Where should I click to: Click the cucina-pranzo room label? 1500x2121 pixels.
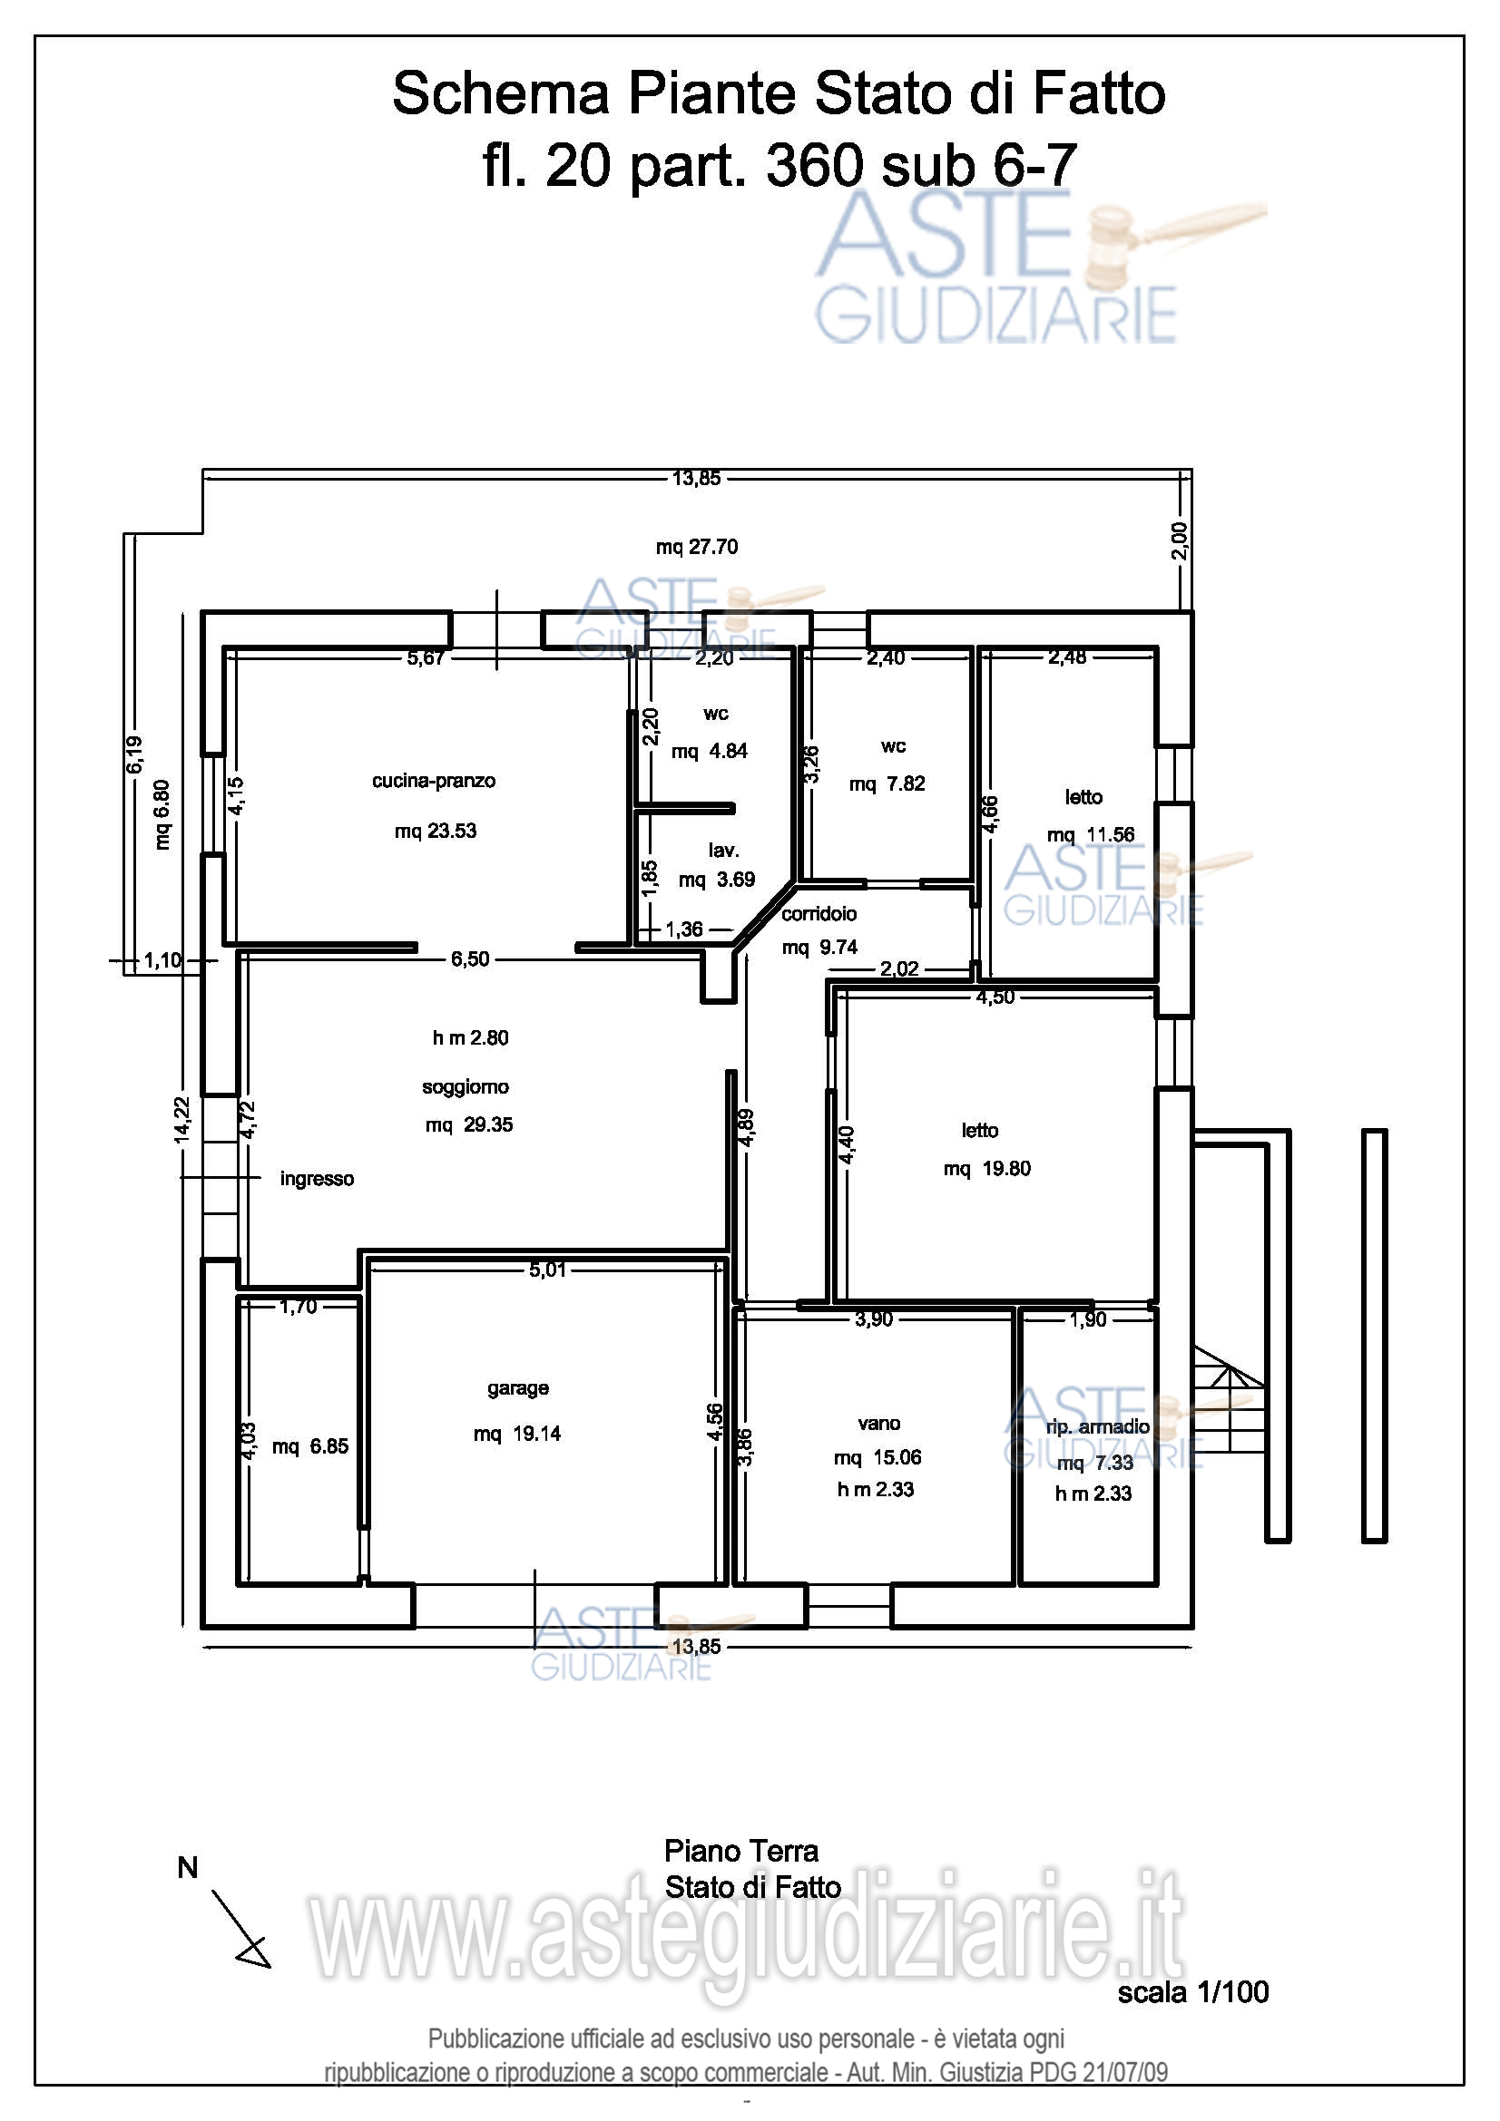[x=434, y=781]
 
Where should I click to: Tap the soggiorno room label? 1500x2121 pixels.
[x=465, y=1086]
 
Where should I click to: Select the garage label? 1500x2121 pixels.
[x=517, y=1388]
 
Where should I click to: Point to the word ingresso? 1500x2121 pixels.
[x=317, y=1179]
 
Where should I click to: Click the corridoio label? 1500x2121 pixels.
[x=819, y=914]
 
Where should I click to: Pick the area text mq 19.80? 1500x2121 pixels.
[x=987, y=1169]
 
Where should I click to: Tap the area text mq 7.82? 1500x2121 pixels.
[x=887, y=783]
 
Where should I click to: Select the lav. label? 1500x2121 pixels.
[x=723, y=850]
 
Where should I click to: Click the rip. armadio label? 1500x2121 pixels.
[x=1098, y=1426]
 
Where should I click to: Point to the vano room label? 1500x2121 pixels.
[x=878, y=1424]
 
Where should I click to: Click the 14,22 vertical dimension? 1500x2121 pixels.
[x=181, y=1119]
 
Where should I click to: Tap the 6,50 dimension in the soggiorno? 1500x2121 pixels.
[x=470, y=958]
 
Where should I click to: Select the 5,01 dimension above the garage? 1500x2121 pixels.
[x=547, y=1270]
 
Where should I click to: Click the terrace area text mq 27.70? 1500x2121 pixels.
[x=697, y=547]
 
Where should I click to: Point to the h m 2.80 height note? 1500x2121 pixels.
[x=470, y=1037]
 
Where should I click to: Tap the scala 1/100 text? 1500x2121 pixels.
[x=1193, y=1992]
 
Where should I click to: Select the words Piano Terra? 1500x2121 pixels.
[x=741, y=1852]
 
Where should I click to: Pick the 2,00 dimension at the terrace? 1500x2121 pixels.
[x=1180, y=540]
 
